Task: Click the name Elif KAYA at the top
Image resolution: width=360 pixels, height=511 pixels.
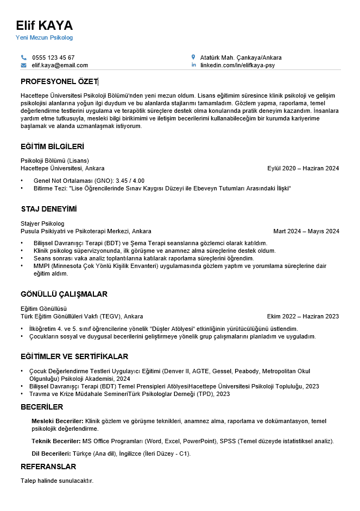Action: coord(44,25)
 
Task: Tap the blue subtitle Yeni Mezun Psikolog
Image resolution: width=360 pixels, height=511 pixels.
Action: coord(44,38)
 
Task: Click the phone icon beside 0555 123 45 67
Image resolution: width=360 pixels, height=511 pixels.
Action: coord(23,58)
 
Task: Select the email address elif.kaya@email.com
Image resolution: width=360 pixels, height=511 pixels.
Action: coord(60,65)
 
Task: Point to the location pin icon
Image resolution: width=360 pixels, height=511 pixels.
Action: coord(193,57)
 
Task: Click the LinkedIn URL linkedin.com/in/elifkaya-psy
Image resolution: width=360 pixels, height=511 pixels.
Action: coord(237,65)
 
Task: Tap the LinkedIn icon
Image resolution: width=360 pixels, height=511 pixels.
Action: coord(193,65)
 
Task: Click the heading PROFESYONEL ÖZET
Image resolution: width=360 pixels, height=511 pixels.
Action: coord(59,81)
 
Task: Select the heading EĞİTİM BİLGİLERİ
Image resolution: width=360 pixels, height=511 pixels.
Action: coord(52,146)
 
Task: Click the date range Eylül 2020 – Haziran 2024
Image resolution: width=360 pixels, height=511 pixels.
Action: coord(303,168)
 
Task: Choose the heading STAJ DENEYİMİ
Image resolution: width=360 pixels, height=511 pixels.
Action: coord(48,209)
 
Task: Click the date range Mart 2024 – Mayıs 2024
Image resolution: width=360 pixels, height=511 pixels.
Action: coord(306,231)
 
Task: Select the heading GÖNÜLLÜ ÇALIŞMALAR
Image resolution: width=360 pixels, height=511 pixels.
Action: coord(64,294)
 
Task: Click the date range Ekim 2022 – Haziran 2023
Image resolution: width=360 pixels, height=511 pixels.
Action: coord(302,316)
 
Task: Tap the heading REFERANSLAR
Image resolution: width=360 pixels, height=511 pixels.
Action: coord(48,467)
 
